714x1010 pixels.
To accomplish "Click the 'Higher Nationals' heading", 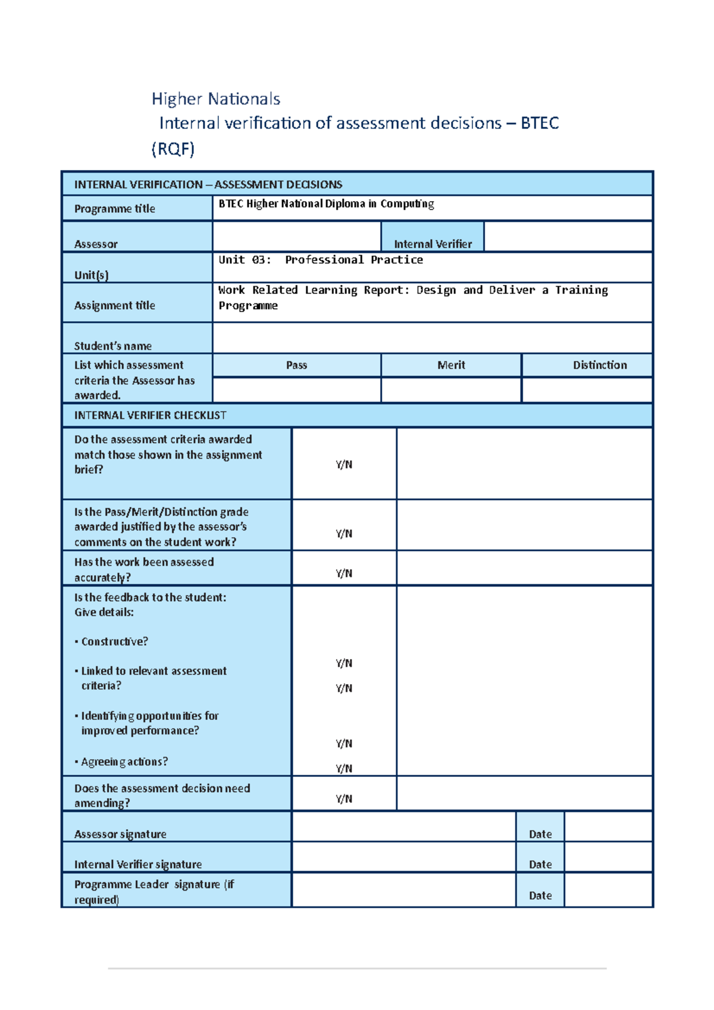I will coord(215,99).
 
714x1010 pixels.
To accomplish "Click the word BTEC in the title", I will coord(540,123).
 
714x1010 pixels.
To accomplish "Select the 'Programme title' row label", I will coord(114,209).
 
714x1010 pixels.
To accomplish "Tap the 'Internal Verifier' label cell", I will coord(433,243).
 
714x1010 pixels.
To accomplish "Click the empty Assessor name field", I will coord(296,237).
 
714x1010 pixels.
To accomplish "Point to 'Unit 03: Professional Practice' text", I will coord(321,260).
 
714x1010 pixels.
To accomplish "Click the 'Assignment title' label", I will coord(114,305).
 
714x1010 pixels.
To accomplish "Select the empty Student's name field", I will coord(432,338).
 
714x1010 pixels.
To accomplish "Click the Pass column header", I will coord(296,365).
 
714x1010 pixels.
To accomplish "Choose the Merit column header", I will coord(451,365).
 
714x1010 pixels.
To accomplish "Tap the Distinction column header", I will coord(599,365).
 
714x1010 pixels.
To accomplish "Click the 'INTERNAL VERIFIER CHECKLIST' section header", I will coord(150,415).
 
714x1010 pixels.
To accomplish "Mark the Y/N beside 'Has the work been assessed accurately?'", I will coord(344,573).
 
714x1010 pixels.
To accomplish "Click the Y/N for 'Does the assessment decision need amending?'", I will coord(344,799).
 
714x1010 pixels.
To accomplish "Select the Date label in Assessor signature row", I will coord(540,834).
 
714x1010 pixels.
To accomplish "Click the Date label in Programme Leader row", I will coord(540,895).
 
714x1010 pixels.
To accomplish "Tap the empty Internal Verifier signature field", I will coord(403,857).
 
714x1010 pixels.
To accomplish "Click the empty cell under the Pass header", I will coord(296,390).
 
